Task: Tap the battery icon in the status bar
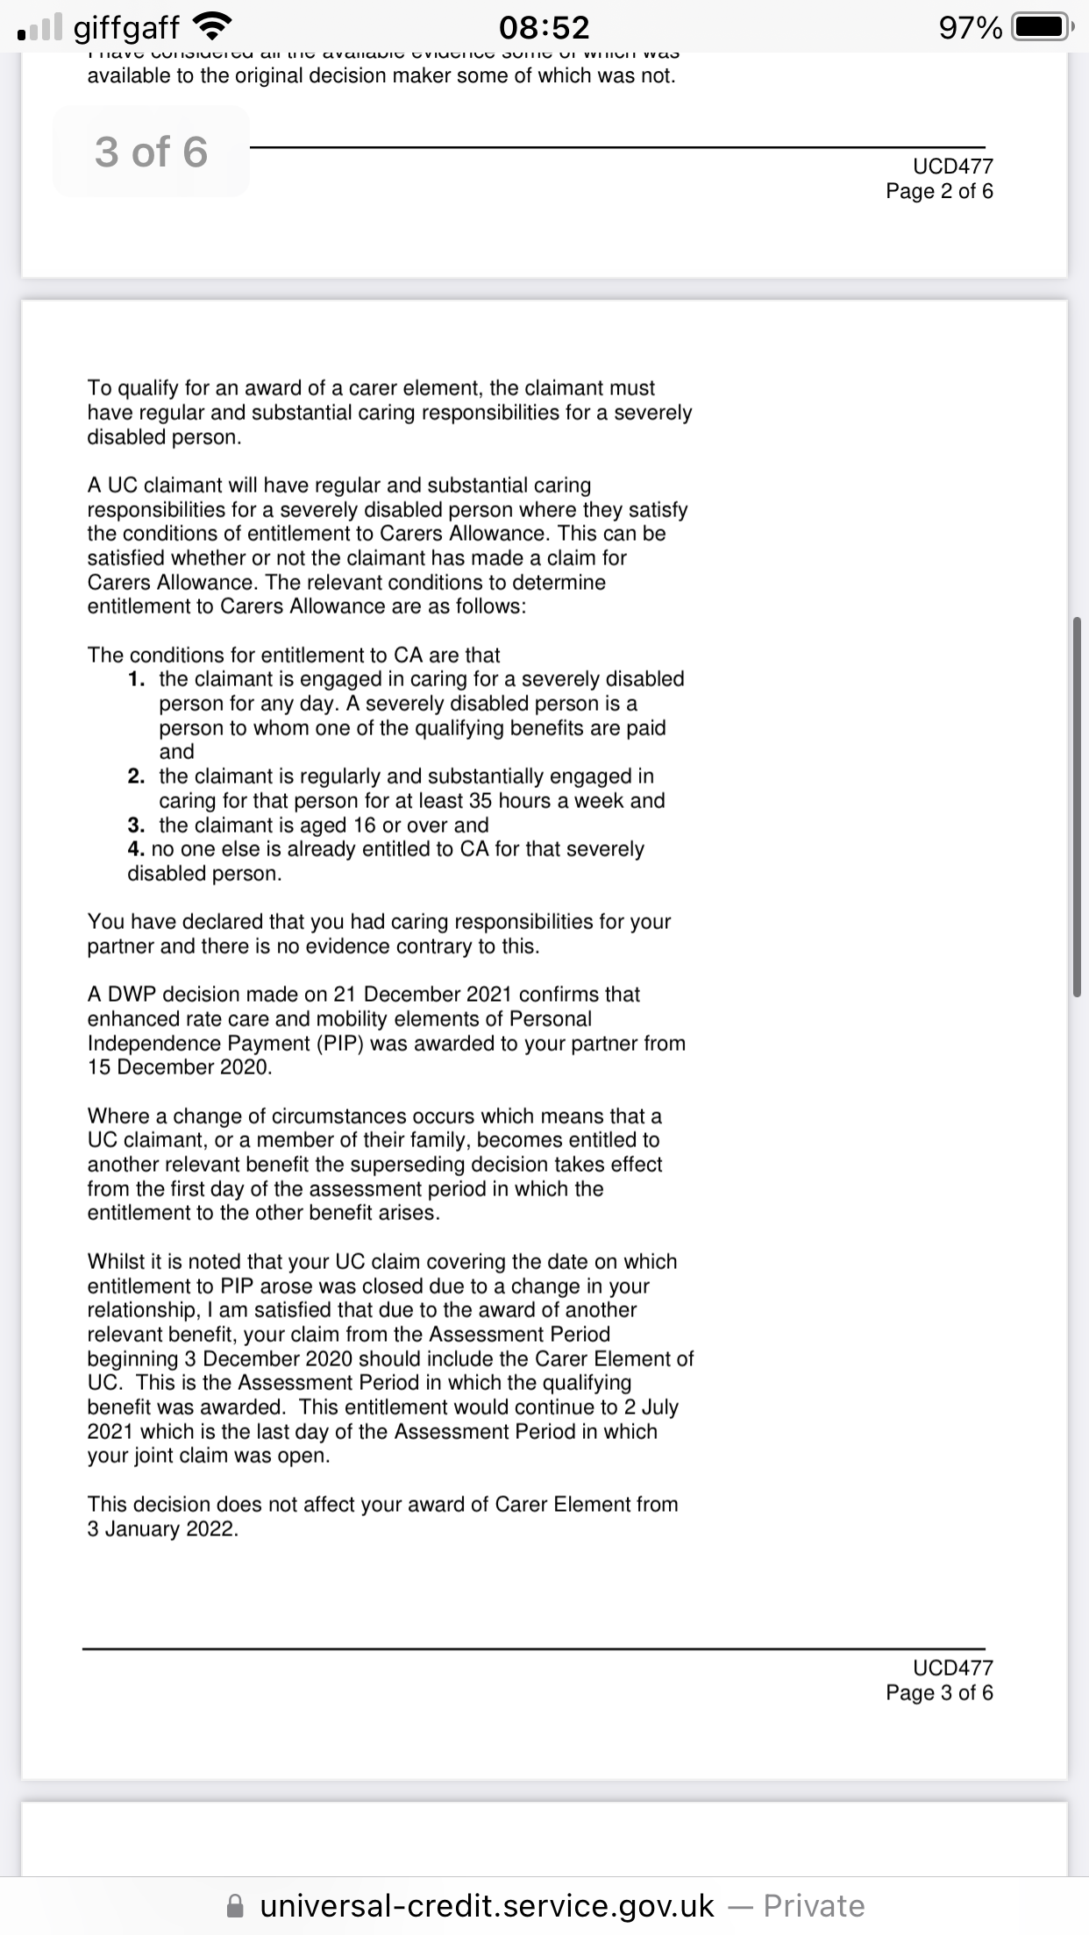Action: (1041, 28)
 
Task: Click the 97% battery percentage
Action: (971, 29)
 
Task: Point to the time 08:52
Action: (544, 28)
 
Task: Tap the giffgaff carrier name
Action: (126, 28)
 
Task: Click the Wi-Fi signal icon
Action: (209, 28)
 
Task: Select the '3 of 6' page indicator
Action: (151, 152)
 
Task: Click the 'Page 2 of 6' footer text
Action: (939, 191)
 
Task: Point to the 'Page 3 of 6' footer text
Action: (939, 1692)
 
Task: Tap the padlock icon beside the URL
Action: (234, 1905)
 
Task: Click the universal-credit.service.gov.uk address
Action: (488, 1905)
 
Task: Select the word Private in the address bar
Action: (814, 1905)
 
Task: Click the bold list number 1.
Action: (136, 679)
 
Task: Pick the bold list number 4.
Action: (136, 849)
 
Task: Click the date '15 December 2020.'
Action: (180, 1067)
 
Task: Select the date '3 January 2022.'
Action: (163, 1529)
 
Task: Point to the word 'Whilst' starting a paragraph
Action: (116, 1262)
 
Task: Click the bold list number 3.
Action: (136, 826)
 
